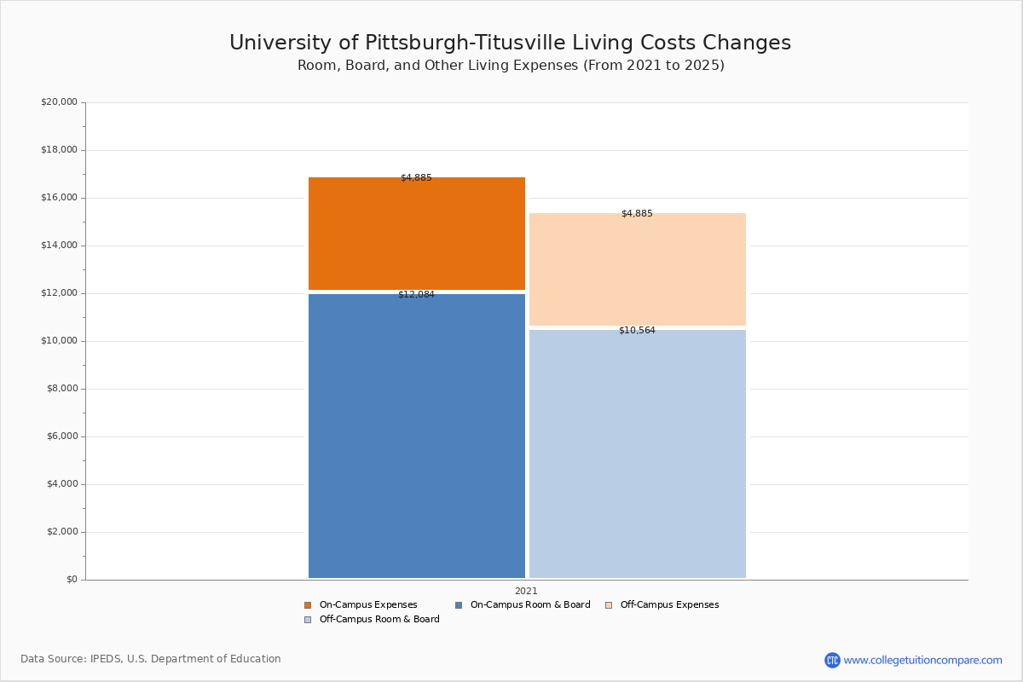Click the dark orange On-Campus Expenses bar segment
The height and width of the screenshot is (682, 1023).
click(x=416, y=234)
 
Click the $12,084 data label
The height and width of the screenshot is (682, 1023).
click(x=416, y=295)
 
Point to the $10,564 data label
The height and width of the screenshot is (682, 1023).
click(x=637, y=331)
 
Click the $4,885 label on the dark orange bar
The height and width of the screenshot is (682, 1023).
click(x=416, y=178)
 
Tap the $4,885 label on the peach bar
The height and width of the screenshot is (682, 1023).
click(x=637, y=214)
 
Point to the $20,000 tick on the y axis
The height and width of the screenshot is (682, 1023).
click(x=59, y=102)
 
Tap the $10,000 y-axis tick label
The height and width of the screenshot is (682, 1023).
click(x=59, y=341)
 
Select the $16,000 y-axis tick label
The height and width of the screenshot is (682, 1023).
click(x=59, y=198)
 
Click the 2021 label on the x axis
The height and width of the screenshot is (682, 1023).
click(x=526, y=591)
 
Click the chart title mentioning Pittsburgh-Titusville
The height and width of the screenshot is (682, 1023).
click(x=510, y=43)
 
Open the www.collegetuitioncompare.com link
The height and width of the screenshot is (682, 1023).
click(x=922, y=660)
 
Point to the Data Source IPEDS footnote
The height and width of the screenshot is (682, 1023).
click(x=151, y=659)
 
